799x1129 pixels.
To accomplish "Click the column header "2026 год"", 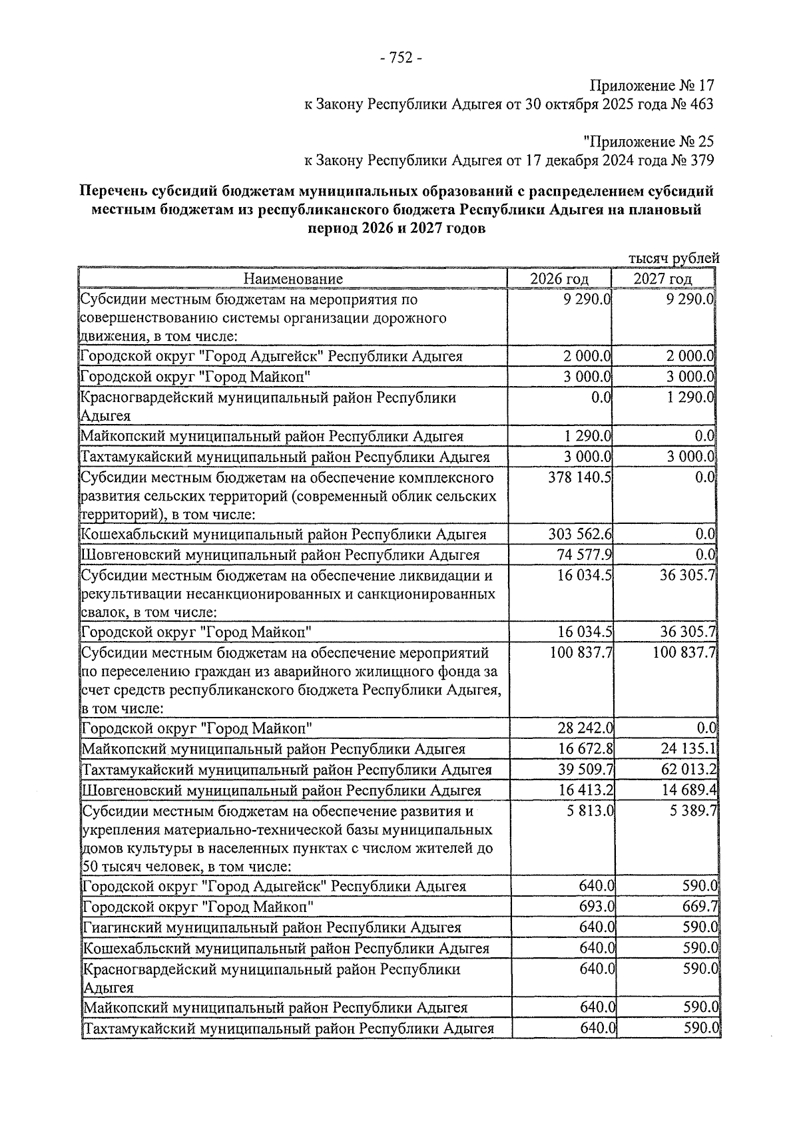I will click(x=559, y=278).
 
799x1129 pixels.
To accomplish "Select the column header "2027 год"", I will click(x=663, y=278).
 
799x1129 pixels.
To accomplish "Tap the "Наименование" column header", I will click(x=293, y=278).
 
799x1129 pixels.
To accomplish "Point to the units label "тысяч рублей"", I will click(x=674, y=258).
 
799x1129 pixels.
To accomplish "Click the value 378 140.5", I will click(x=581, y=478).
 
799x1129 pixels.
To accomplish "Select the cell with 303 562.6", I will click(x=581, y=534).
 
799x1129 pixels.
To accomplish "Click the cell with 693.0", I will click(x=597, y=907).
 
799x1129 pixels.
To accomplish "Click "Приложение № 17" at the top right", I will click(x=651, y=87).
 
